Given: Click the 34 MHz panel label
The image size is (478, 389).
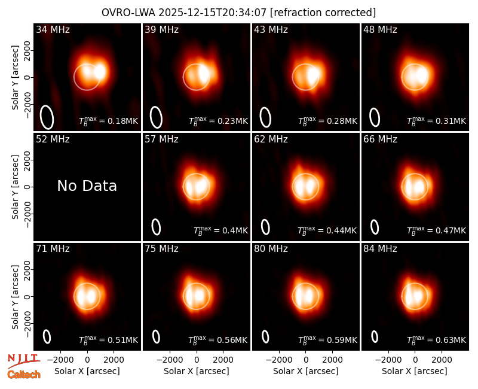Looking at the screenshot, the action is pos(53,29).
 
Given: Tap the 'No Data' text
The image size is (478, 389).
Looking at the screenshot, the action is pos(87,186).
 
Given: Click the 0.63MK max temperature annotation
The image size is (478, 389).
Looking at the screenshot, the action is pos(436,339).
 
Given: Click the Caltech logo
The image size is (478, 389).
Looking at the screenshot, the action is pos(24,375).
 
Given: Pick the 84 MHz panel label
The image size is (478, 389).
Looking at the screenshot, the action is pos(380,249).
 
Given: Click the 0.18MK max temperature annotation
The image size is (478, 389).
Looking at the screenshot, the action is pos(109,120).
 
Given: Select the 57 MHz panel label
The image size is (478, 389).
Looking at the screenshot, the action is pos(161,139).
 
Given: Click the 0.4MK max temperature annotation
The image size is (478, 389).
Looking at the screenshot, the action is pos(220,230).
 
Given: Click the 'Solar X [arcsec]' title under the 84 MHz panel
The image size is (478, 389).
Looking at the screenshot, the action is pos(415,371).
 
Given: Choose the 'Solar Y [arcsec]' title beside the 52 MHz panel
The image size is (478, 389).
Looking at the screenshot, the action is pos(16,187).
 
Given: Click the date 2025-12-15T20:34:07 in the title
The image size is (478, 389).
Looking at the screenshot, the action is pos(213,13).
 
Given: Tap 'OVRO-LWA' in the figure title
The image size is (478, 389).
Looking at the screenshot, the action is pos(128,13).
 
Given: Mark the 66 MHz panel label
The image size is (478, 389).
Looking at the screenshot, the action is pos(380,139).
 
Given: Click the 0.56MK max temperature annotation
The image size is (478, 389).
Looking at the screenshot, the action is pos(217,339).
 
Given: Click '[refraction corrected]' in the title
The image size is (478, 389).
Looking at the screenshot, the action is pos(323,13).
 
